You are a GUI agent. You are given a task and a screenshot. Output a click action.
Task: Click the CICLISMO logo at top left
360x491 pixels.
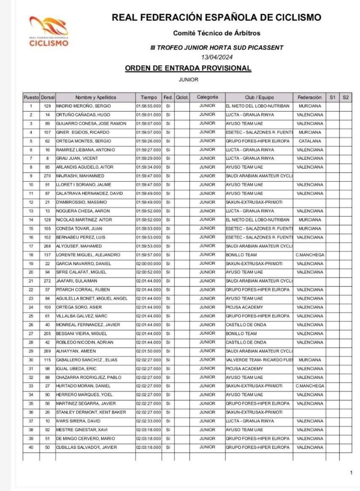(49, 32)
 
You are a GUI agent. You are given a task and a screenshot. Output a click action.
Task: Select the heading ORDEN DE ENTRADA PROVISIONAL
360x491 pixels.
(187, 68)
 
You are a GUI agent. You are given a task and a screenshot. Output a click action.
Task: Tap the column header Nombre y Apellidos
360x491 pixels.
(95, 97)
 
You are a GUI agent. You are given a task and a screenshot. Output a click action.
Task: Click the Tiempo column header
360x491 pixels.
(148, 97)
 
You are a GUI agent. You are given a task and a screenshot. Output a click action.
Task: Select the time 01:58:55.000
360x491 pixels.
(148, 106)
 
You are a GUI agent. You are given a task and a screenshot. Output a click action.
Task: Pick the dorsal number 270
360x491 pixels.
(47, 176)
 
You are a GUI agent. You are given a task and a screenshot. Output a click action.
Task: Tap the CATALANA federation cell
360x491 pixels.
(310, 141)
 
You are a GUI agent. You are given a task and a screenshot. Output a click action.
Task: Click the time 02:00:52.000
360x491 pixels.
(148, 272)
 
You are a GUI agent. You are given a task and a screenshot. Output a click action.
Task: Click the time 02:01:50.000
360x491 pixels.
(148, 351)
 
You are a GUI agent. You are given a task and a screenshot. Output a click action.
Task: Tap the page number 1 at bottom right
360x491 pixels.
(351, 472)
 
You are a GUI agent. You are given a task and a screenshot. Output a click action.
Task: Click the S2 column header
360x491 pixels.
(346, 97)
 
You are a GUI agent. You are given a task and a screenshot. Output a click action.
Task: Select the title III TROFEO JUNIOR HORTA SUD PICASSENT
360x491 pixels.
(217, 48)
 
